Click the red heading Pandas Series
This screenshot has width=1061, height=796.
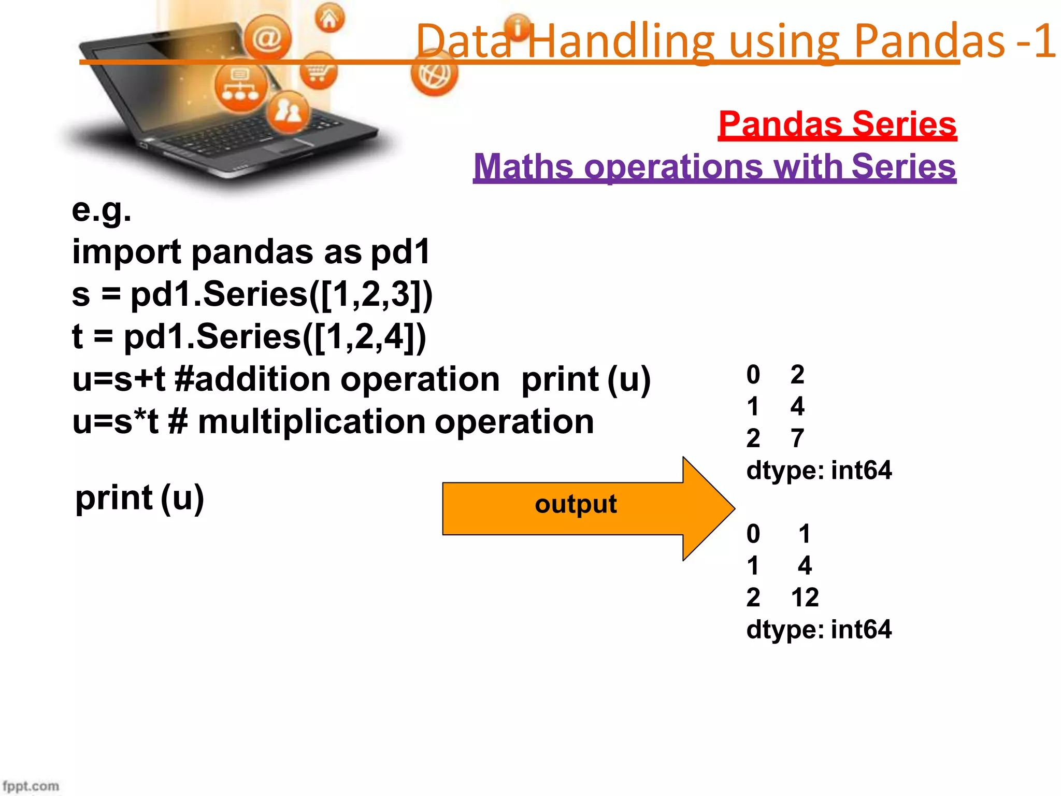837,124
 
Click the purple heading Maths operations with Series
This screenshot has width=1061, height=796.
714,167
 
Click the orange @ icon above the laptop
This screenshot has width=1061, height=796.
267,37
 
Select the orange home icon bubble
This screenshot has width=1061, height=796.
329,18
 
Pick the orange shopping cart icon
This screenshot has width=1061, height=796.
318,71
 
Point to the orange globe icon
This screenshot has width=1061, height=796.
434,75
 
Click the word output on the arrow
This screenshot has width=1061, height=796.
576,504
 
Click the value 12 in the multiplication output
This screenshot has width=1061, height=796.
805,598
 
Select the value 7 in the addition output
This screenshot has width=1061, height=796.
797,438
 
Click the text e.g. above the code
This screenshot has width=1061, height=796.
102,210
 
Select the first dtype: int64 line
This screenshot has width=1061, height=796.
819,471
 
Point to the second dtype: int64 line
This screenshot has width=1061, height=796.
819,630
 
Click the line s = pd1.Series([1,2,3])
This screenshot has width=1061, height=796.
252,295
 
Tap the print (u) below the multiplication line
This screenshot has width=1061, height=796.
139,498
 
